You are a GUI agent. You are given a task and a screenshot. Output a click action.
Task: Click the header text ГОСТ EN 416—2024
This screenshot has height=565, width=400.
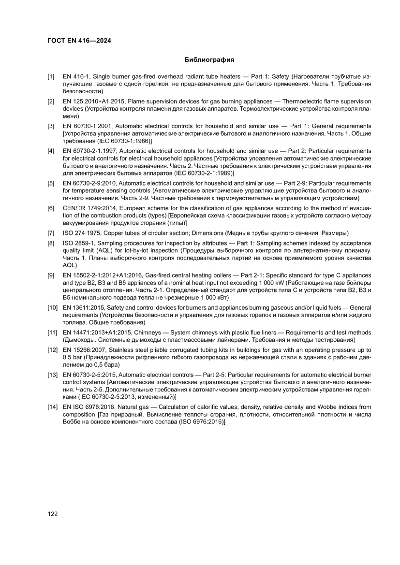tap(80, 41)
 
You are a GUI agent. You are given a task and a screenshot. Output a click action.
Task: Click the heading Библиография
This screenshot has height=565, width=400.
tap(209, 60)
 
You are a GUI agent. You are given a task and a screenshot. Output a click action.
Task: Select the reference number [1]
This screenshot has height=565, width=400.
tap(51, 77)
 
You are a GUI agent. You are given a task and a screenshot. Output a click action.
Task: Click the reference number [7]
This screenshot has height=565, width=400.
tap(51, 233)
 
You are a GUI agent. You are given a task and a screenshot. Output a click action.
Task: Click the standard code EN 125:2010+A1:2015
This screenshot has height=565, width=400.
tap(95, 101)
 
